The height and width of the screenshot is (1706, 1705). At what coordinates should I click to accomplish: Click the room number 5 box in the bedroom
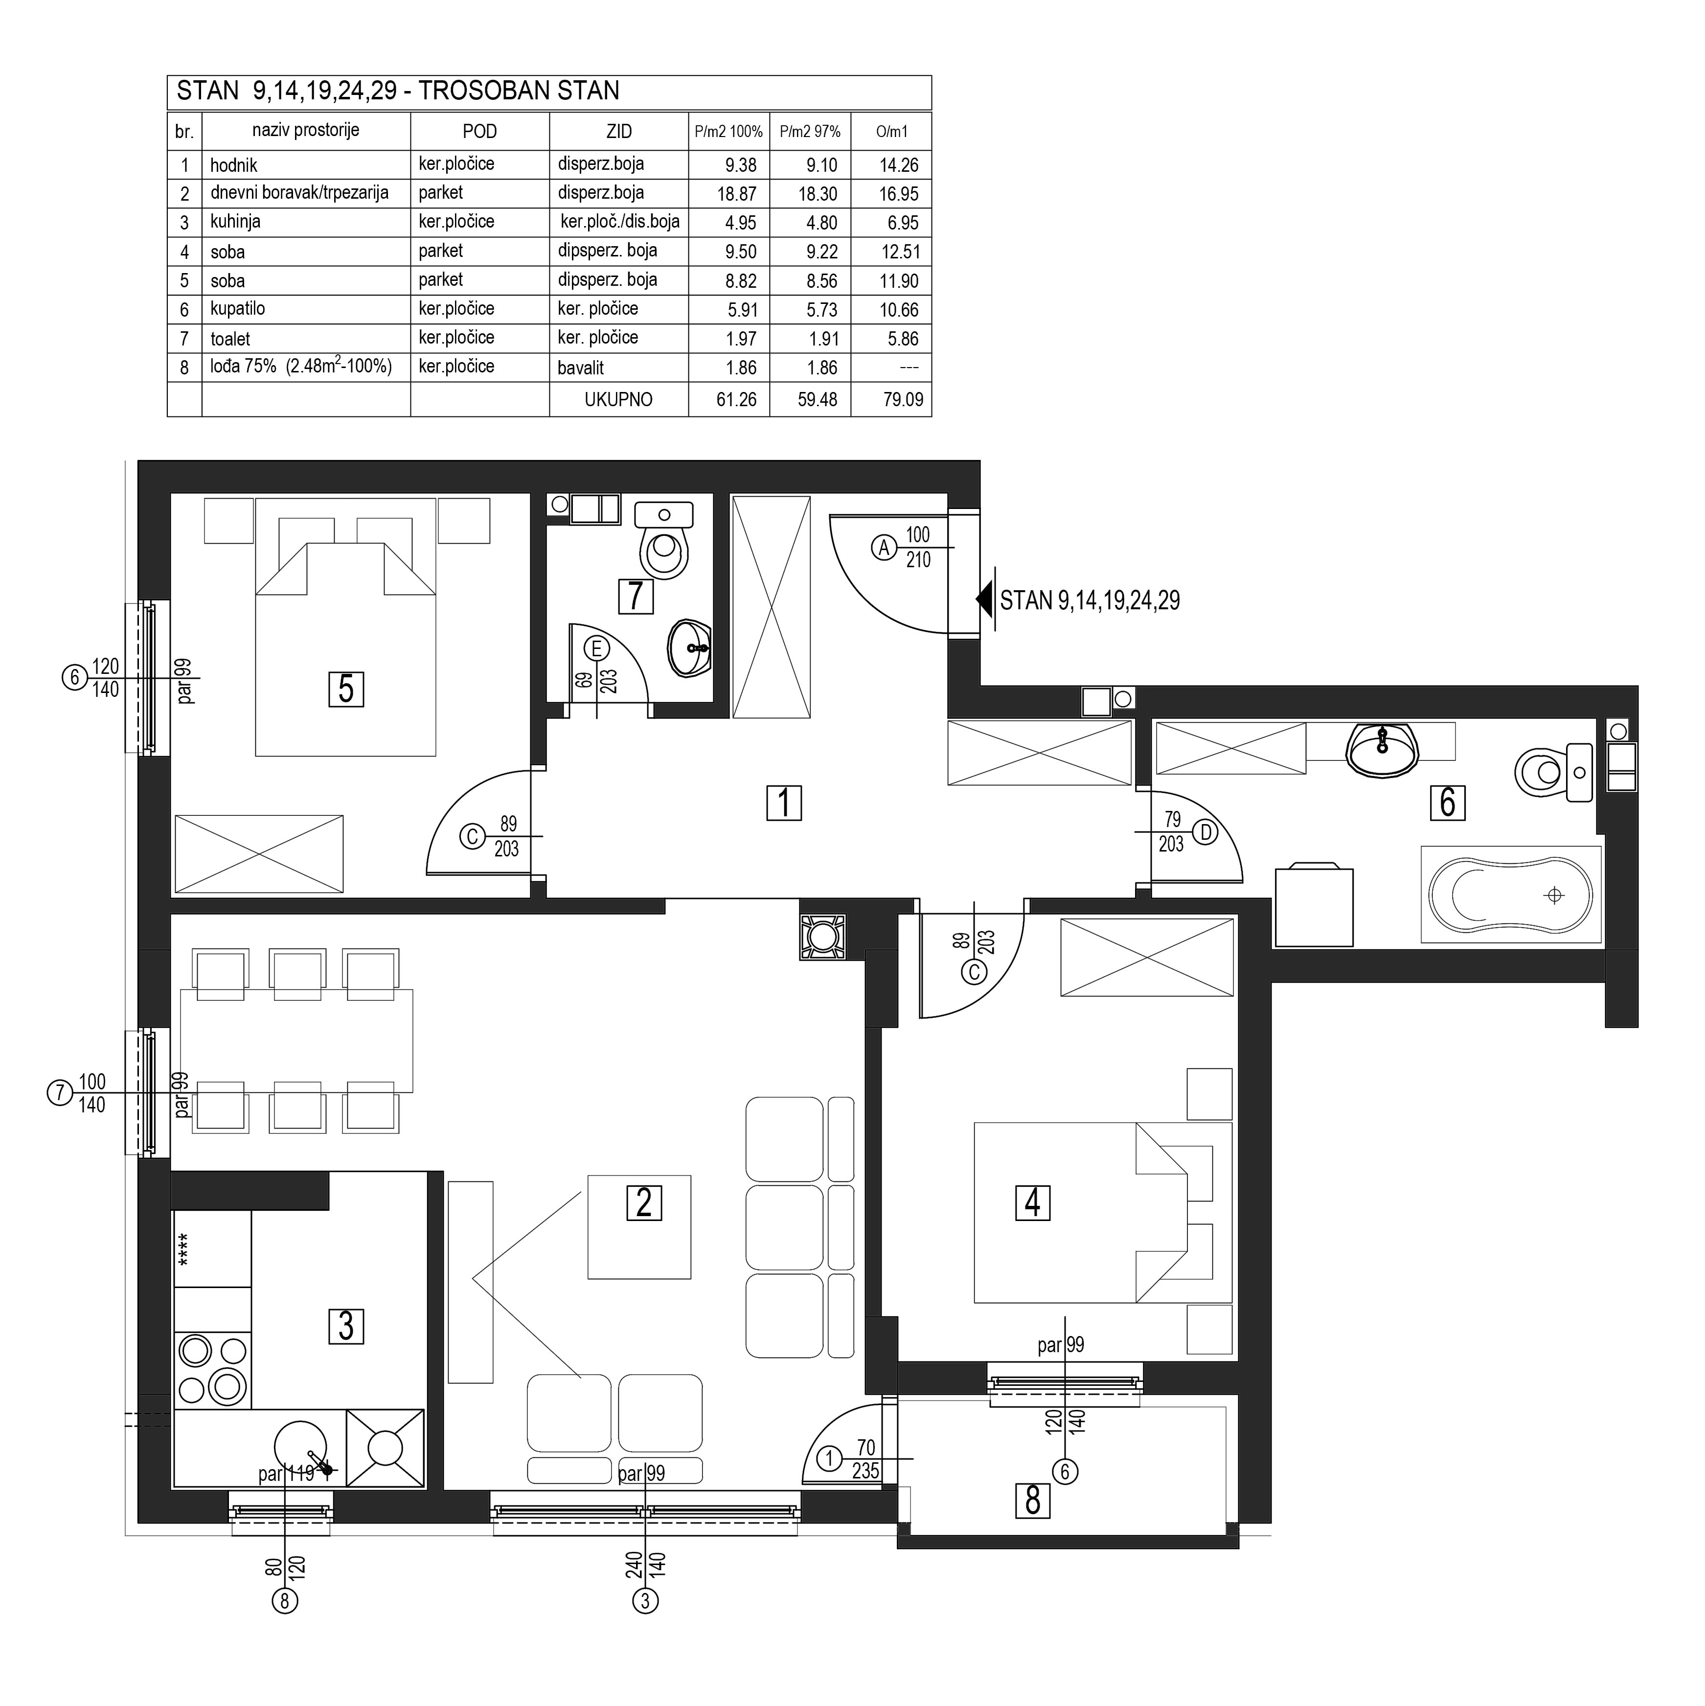point(346,689)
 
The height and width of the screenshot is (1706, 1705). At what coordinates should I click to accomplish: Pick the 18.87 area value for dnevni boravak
point(736,193)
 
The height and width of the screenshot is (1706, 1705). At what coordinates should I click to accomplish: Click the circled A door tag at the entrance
point(884,548)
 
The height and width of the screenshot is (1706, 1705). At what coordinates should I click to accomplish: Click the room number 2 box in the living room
point(644,1203)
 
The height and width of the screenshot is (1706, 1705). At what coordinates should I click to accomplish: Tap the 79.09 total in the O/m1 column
point(903,399)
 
